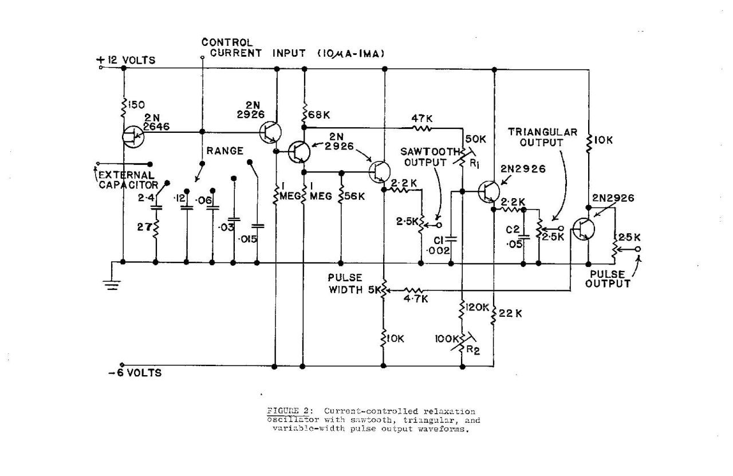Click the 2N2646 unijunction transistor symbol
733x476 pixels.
pyautogui.click(x=133, y=136)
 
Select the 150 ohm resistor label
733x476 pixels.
pyautogui.click(x=137, y=104)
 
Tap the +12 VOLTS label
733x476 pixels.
pyautogui.click(x=129, y=60)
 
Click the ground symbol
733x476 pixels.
pyautogui.click(x=113, y=284)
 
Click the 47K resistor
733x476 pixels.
pyautogui.click(x=422, y=127)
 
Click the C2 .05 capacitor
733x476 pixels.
pyautogui.click(x=523, y=235)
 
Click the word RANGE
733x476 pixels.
pyautogui.click(x=225, y=151)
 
